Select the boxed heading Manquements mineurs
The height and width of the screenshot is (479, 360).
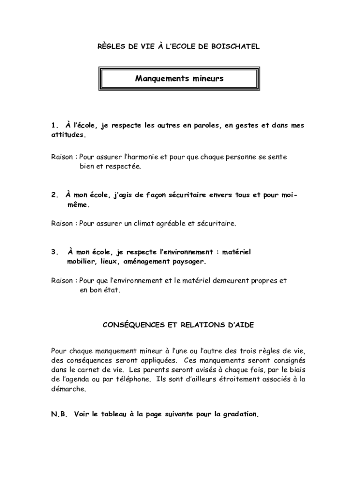[x=180, y=79]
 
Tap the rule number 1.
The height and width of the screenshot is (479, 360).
[x=54, y=126]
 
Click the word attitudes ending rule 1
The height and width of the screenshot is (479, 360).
[x=68, y=135]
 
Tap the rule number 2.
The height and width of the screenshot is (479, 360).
[x=54, y=195]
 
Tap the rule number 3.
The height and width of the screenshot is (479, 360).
[x=54, y=252]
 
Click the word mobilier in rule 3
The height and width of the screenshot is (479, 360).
[x=80, y=261]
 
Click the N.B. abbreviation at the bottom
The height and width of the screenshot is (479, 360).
[x=59, y=414]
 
